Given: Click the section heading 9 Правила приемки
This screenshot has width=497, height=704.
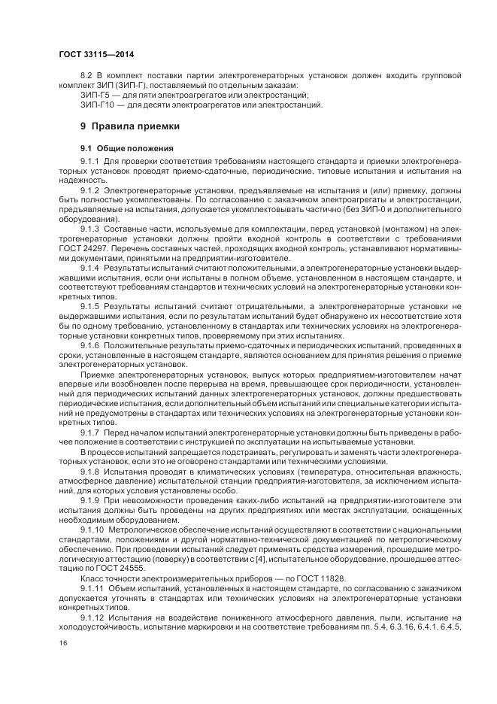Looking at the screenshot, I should coord(129,126).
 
